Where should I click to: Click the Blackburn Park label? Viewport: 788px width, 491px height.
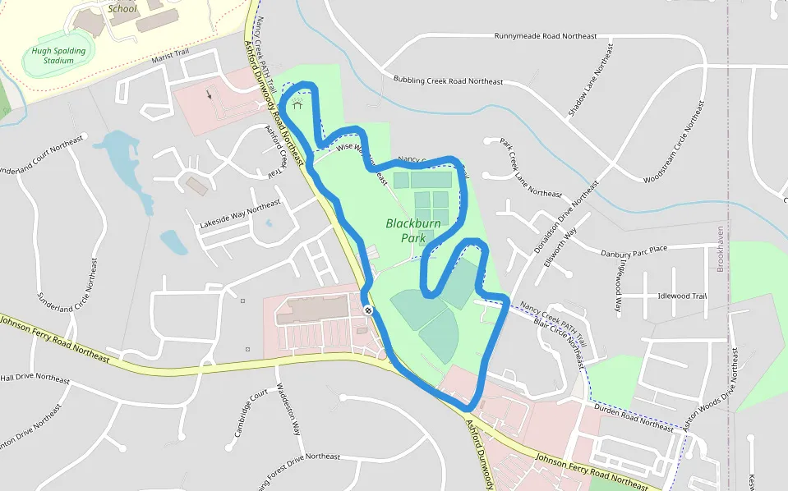[413, 230]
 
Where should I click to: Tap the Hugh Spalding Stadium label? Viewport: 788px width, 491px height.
[58, 55]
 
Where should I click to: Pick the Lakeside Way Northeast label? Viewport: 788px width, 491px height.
[240, 213]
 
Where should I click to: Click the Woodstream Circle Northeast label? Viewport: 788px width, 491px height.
[675, 142]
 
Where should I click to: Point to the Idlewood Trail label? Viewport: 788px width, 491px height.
[682, 296]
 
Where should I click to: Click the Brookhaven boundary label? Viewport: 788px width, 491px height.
[721, 249]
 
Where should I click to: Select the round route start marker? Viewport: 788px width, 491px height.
[369, 310]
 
